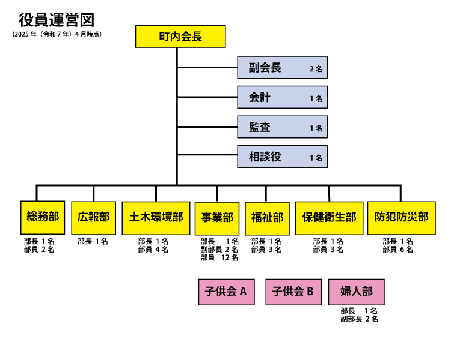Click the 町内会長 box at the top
click(x=180, y=37)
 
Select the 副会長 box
click(x=282, y=68)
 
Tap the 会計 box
click(x=282, y=97)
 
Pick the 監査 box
click(x=282, y=127)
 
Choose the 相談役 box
click(x=282, y=157)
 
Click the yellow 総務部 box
click(x=43, y=217)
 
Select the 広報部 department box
click(x=94, y=217)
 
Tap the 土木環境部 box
click(x=156, y=217)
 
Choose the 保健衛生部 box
click(x=329, y=217)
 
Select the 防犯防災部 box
click(x=401, y=217)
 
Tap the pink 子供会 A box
click(x=226, y=292)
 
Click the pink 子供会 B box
click(x=293, y=292)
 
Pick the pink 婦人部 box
click(x=357, y=292)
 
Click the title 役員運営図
click(x=57, y=20)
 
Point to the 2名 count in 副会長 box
click(x=316, y=69)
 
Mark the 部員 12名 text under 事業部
click(x=219, y=258)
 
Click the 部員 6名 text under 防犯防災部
click(x=397, y=250)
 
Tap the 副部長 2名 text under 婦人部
click(x=359, y=319)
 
